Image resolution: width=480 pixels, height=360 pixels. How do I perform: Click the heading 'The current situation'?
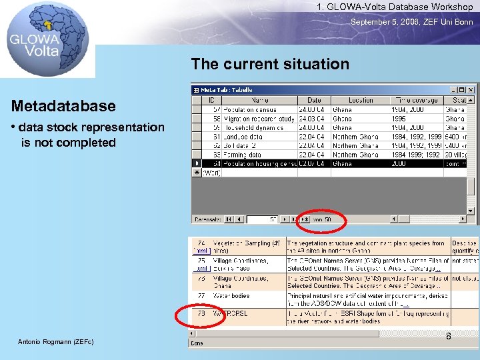pyautogui.click(x=270, y=64)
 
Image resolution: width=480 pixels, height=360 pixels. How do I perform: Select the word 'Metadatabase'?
pyautogui.click(x=63, y=106)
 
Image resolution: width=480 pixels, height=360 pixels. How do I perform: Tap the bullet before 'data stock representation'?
pyautogui.click(x=13, y=127)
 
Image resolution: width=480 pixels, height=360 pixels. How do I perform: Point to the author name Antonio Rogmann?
pyautogui.click(x=57, y=342)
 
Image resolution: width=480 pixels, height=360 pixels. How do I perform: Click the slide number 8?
pyautogui.click(x=448, y=336)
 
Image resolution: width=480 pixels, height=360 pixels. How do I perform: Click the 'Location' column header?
pyautogui.click(x=361, y=100)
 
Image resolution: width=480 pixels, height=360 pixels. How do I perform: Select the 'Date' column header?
pyautogui.click(x=314, y=100)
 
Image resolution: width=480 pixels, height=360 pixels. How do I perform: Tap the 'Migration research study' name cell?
pyautogui.click(x=259, y=118)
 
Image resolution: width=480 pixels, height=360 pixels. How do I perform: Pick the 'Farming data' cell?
pyautogui.click(x=243, y=154)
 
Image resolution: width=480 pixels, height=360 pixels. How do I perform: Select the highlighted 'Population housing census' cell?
pyautogui.click(x=259, y=163)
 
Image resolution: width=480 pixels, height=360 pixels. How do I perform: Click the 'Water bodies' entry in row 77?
pyautogui.click(x=231, y=295)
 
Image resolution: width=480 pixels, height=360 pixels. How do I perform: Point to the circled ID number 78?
pyautogui.click(x=200, y=313)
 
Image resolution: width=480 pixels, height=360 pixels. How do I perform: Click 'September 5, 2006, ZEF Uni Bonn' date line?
pyautogui.click(x=412, y=21)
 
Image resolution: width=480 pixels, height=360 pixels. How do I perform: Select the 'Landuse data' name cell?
pyautogui.click(x=245, y=136)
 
